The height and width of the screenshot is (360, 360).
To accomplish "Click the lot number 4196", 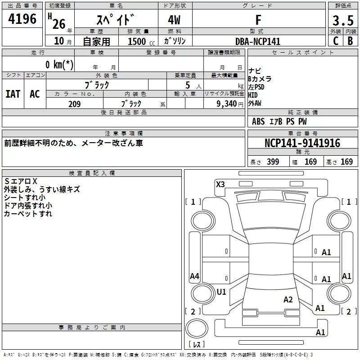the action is (22, 19).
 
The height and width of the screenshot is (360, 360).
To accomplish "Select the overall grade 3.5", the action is (343, 20).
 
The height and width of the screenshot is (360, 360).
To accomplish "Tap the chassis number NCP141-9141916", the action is (302, 143).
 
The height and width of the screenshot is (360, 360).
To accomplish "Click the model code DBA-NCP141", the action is (258, 41).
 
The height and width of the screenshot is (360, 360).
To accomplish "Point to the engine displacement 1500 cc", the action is (141, 41).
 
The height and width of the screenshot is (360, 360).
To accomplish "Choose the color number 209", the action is (75, 104).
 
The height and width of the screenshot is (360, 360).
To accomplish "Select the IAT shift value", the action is (13, 94).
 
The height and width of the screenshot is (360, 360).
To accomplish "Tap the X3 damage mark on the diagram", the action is (220, 184).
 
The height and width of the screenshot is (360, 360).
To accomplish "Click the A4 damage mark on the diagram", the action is (194, 276).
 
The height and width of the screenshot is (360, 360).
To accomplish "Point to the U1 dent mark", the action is (221, 292).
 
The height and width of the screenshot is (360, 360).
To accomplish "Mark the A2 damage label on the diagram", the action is (288, 300).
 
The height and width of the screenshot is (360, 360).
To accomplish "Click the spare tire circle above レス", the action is (197, 328).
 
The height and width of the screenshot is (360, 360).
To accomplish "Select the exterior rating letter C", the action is (336, 41).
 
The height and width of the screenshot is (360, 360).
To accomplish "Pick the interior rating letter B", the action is (351, 41).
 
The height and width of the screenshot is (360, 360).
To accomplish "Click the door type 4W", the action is (174, 20).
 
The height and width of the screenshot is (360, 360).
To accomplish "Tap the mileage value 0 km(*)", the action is (59, 64).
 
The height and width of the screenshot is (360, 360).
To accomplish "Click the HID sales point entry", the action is (253, 95).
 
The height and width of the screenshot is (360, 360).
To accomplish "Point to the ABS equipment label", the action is (258, 121).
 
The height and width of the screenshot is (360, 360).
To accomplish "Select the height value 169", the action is (346, 162).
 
